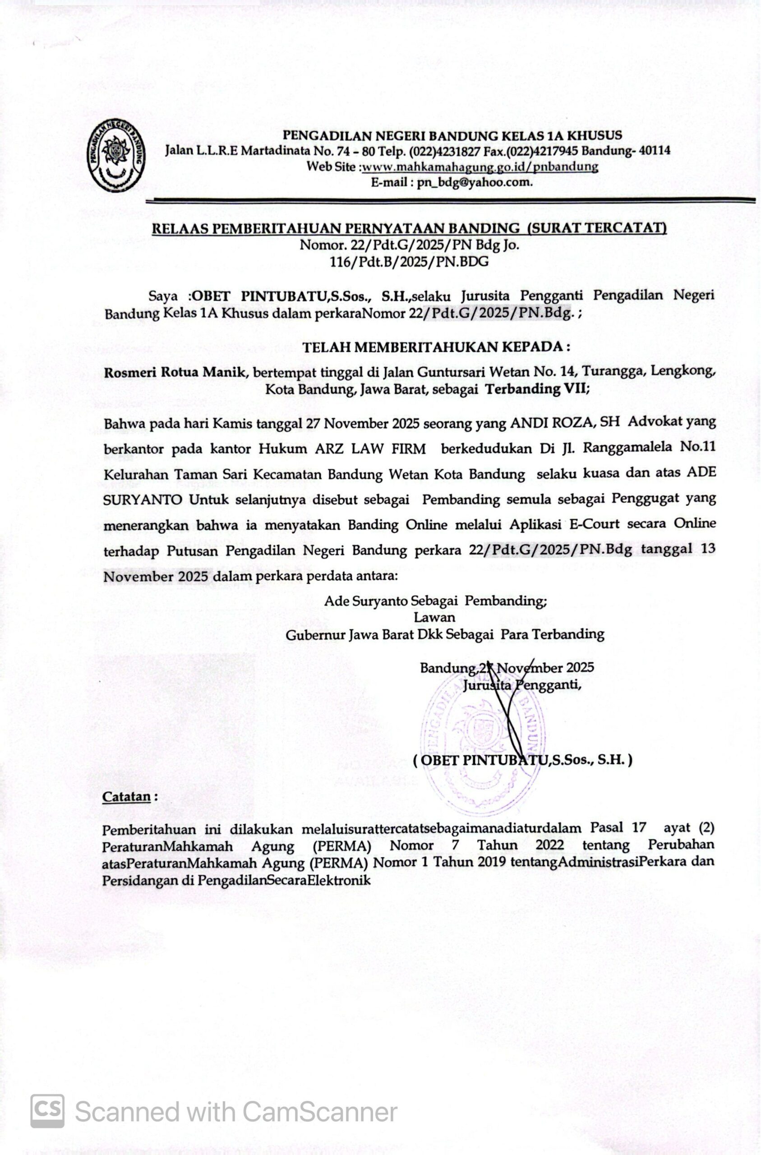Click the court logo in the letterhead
(x=116, y=155)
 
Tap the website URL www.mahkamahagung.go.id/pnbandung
(x=480, y=166)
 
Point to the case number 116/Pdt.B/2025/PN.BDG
(x=409, y=262)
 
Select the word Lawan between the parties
(x=434, y=617)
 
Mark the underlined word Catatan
(x=126, y=797)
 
